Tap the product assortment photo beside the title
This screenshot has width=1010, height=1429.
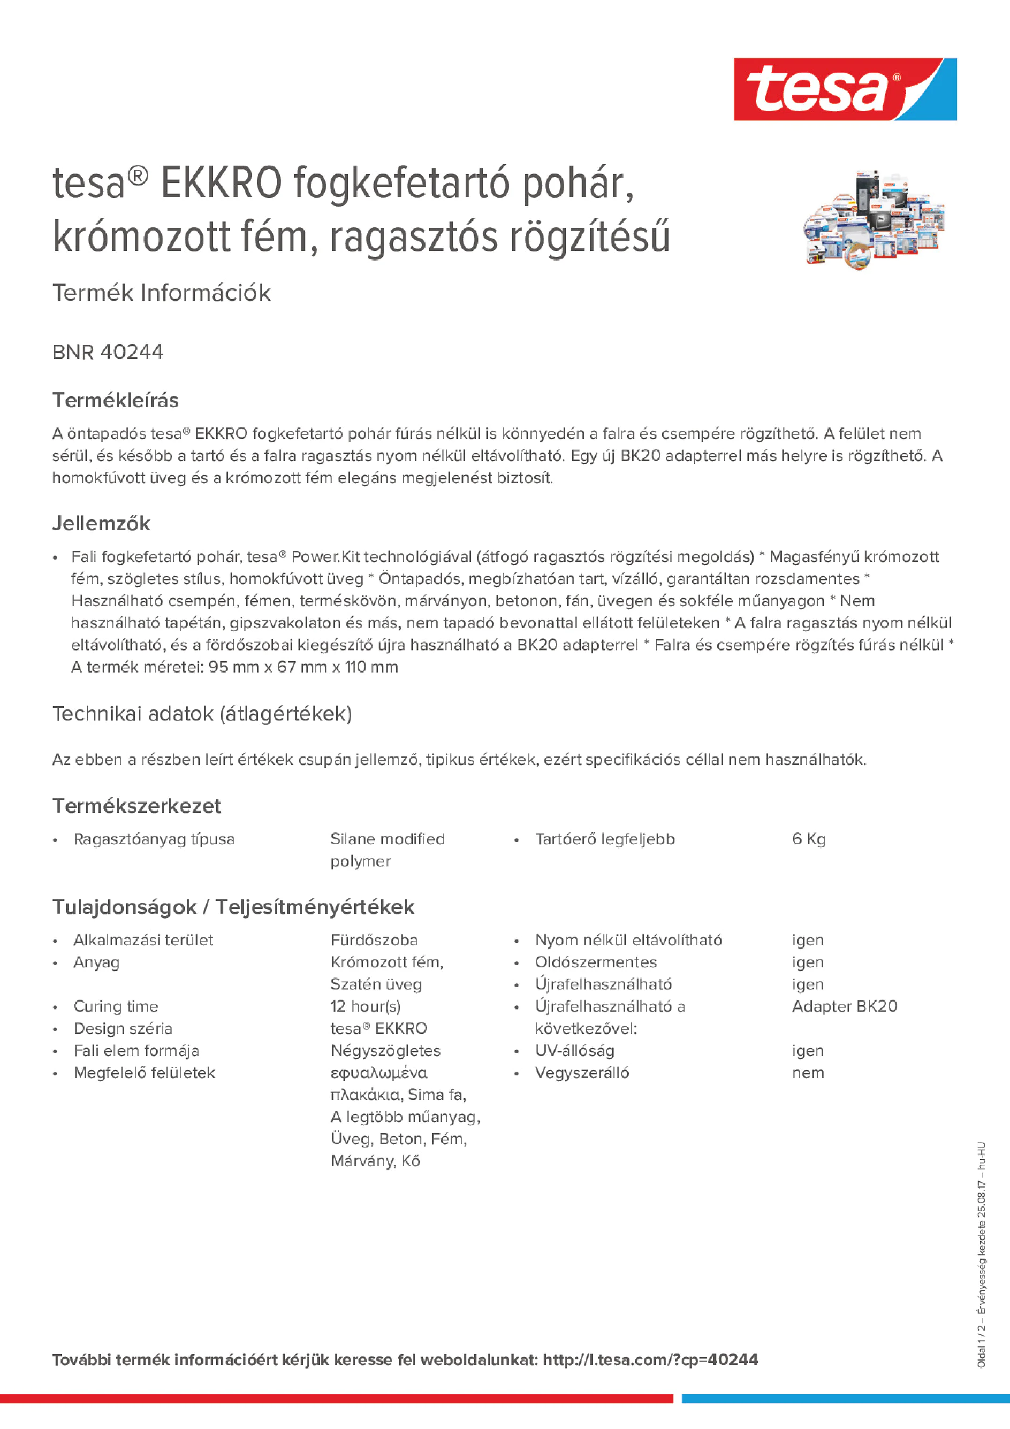(874, 220)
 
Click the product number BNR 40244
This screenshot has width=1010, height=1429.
(108, 352)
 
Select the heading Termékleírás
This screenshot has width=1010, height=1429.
(115, 400)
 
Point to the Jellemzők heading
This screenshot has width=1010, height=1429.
(101, 523)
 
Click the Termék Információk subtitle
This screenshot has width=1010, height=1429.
(161, 293)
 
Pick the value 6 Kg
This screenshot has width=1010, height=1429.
(808, 839)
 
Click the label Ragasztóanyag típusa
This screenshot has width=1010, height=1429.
(154, 839)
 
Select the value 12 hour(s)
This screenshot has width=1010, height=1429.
(366, 1006)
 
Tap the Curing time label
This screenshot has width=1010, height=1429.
(116, 1006)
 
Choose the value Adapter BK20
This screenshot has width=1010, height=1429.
(845, 1006)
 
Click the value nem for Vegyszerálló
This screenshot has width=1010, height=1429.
(808, 1073)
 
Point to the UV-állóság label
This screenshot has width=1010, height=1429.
(574, 1051)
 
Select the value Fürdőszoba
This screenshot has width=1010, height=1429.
(374, 940)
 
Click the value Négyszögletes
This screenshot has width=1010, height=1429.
(385, 1051)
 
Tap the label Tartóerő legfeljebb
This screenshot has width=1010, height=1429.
(605, 839)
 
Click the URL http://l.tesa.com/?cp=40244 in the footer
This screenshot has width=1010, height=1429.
(650, 1360)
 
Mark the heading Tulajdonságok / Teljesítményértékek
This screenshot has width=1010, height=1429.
(233, 907)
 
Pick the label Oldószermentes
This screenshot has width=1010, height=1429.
(595, 962)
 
